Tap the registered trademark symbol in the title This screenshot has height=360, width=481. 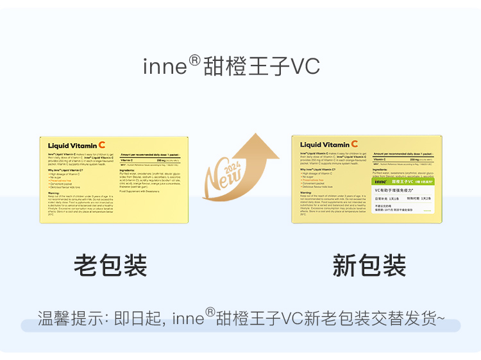click(195, 61)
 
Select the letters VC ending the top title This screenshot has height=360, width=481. click(305, 67)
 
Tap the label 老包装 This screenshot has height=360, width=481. click(110, 265)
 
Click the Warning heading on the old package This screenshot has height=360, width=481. click(54, 192)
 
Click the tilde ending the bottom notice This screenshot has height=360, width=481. click(440, 318)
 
